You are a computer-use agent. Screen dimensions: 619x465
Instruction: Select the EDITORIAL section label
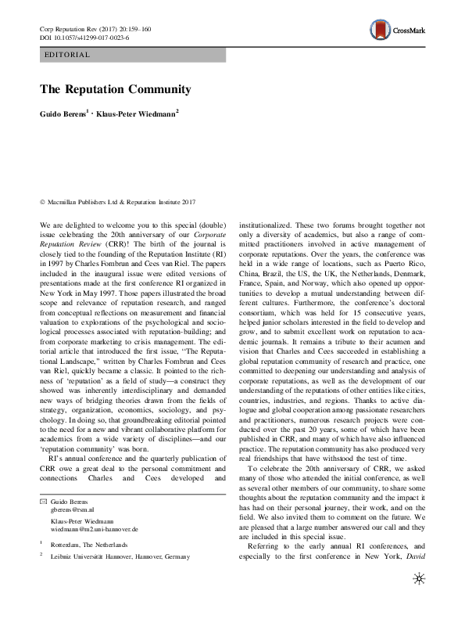[x=68, y=55]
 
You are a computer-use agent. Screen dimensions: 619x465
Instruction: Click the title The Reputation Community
[x=115, y=89]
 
